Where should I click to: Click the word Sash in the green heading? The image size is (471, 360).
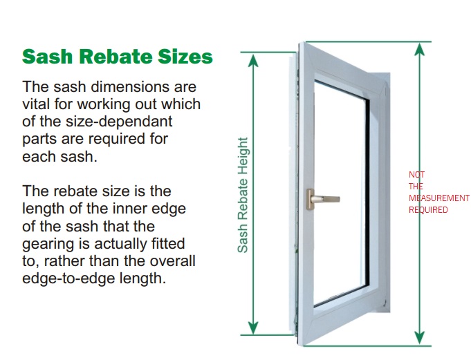(x=48, y=57)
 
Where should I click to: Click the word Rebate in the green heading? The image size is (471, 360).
(x=116, y=57)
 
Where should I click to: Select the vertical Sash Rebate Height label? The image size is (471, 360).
(x=243, y=195)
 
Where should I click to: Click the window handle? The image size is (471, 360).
(x=323, y=199)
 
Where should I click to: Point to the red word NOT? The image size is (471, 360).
(x=416, y=175)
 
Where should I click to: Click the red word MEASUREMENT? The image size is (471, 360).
(x=439, y=198)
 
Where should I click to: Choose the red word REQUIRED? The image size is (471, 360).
(x=428, y=209)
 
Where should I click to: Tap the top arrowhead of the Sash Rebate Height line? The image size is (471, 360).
(x=254, y=61)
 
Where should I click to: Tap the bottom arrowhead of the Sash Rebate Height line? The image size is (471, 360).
(x=254, y=328)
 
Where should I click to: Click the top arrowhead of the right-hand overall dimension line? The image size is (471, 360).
(x=419, y=50)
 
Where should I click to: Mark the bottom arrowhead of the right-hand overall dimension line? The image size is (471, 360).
(x=419, y=338)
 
